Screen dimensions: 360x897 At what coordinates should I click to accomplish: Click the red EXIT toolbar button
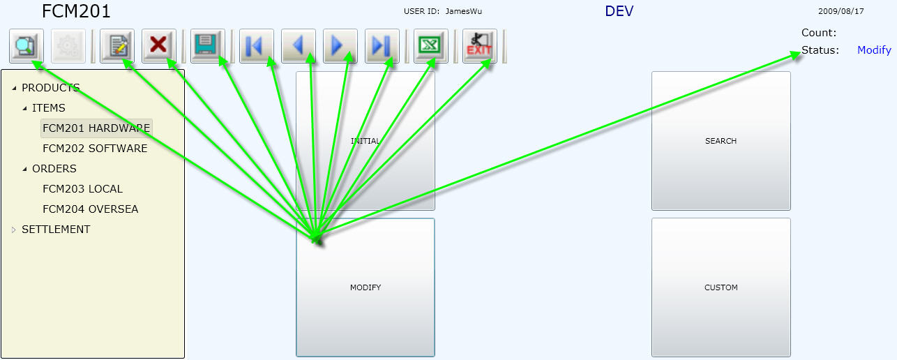tap(479, 46)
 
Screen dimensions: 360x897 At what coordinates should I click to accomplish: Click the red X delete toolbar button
tap(159, 46)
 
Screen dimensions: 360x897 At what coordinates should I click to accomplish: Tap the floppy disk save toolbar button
tap(207, 46)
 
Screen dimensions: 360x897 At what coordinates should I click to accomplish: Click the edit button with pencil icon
tap(117, 46)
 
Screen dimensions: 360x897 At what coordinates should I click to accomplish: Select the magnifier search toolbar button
tap(27, 46)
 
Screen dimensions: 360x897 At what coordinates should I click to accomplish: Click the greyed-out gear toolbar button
tap(68, 46)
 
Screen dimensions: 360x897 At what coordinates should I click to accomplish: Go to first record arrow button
tap(256, 46)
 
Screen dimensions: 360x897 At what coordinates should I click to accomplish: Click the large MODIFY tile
tap(365, 287)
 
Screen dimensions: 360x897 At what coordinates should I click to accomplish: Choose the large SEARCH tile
tap(721, 141)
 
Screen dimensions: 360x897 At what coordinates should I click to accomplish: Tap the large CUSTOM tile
tap(721, 287)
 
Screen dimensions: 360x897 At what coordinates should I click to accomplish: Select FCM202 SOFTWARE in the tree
tap(95, 149)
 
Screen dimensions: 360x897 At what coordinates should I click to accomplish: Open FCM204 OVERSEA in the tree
tap(90, 209)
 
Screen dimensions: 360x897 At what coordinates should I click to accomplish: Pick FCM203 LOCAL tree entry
tap(82, 189)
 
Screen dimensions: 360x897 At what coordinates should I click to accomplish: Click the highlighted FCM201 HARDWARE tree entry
tap(96, 128)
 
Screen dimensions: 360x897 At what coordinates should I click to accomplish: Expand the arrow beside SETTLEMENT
tap(14, 230)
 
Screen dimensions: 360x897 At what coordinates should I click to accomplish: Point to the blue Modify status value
tap(874, 50)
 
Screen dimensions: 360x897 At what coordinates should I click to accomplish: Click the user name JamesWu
tap(464, 11)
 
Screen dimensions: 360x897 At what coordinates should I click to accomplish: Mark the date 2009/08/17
tap(841, 11)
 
